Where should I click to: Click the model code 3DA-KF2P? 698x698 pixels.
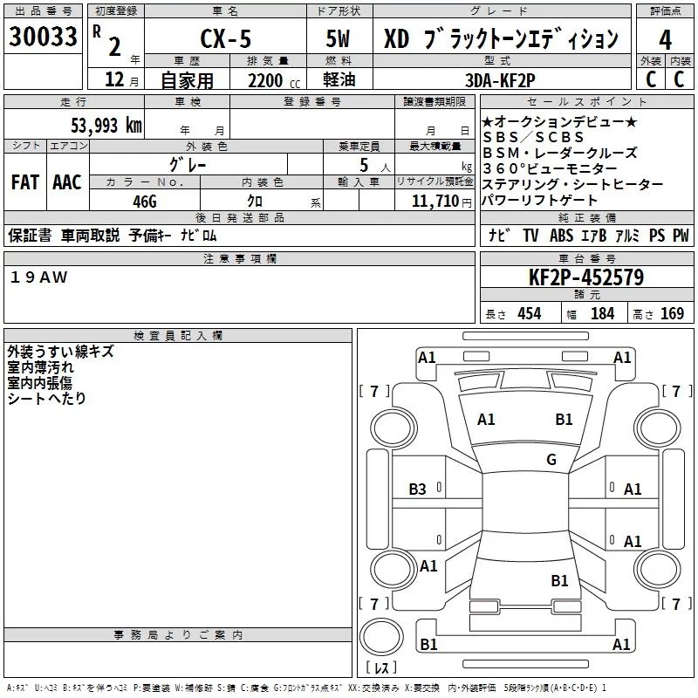click(500, 79)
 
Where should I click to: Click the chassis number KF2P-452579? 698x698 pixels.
click(586, 277)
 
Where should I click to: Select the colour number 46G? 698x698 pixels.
click(144, 200)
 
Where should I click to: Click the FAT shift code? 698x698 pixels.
click(24, 182)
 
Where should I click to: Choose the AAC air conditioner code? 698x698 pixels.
click(67, 182)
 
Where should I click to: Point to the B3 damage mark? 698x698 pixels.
click(418, 489)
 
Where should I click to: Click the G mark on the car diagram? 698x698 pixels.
click(551, 460)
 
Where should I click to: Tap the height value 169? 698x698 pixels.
click(672, 313)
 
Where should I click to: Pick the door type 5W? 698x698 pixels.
click(340, 39)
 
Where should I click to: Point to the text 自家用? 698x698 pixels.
click(187, 80)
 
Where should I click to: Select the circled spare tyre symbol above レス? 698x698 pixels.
click(381, 636)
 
